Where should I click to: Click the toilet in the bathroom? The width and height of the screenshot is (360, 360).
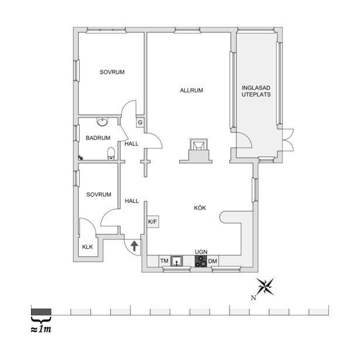click(111, 153)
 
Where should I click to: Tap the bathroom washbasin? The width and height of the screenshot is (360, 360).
click(102, 122)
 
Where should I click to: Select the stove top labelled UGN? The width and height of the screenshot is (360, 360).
click(201, 261)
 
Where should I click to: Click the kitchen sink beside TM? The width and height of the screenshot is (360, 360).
click(177, 261)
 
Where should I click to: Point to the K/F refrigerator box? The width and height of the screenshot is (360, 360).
click(153, 222)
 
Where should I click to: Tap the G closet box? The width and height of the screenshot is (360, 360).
click(140, 122)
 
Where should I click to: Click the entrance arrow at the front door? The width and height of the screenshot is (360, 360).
click(134, 246)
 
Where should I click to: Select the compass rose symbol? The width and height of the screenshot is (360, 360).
click(266, 286)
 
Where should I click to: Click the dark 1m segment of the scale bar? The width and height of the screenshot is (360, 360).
click(41, 312)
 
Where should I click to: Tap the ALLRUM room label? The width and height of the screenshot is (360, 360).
click(191, 91)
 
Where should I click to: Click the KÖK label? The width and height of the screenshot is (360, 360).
click(200, 208)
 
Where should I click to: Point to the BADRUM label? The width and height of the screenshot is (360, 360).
click(98, 138)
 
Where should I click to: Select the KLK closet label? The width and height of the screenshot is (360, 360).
click(87, 247)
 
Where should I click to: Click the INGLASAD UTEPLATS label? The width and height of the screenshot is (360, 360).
click(256, 91)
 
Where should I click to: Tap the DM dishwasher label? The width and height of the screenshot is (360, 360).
click(212, 261)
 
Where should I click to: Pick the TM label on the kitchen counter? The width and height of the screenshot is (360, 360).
click(164, 261)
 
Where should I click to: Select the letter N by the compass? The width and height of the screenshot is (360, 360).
click(253, 298)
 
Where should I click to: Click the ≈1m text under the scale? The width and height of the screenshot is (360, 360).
click(41, 329)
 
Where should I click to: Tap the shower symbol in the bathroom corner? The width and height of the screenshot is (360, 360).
click(81, 157)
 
